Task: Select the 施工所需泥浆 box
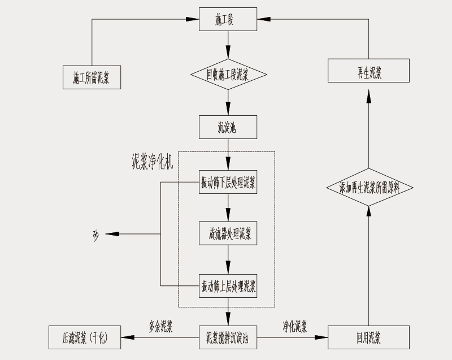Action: pos(92,77)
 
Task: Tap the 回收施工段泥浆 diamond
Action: pos(228,73)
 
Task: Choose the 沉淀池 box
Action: pos(228,127)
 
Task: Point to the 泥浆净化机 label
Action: pos(152,162)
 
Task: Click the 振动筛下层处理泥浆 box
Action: pos(228,182)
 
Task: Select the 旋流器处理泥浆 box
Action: pos(228,233)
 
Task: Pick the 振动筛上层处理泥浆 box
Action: pos(228,285)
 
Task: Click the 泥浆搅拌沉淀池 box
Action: pos(228,338)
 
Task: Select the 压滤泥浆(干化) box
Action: pos(84,338)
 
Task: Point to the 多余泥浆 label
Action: pos(160,327)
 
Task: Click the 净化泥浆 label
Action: pos(295,326)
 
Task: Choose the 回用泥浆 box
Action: pos(368,338)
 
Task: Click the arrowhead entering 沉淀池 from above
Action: pos(228,111)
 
